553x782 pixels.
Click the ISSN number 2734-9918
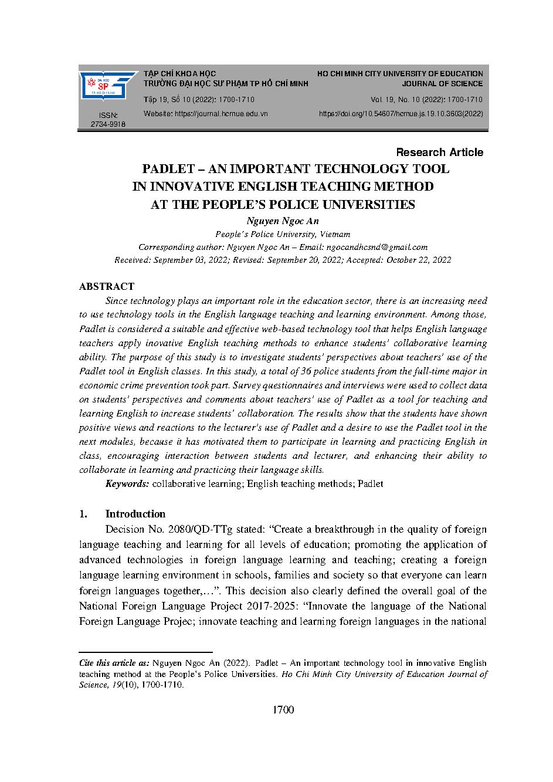pyautogui.click(x=108, y=124)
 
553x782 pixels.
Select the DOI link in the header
pyautogui.click(x=401, y=114)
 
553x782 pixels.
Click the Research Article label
pyautogui.click(x=439, y=153)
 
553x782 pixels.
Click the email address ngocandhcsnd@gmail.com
pyautogui.click(x=377, y=247)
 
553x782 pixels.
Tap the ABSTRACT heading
pyautogui.click(x=106, y=286)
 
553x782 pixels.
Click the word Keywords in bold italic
pyautogui.click(x=127, y=484)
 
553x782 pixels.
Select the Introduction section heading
pyautogui.click(x=135, y=514)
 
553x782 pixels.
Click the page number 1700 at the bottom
pyautogui.click(x=283, y=710)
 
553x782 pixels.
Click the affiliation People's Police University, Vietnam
pyautogui.click(x=283, y=234)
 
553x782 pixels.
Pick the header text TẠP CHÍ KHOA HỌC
pyautogui.click(x=180, y=74)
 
